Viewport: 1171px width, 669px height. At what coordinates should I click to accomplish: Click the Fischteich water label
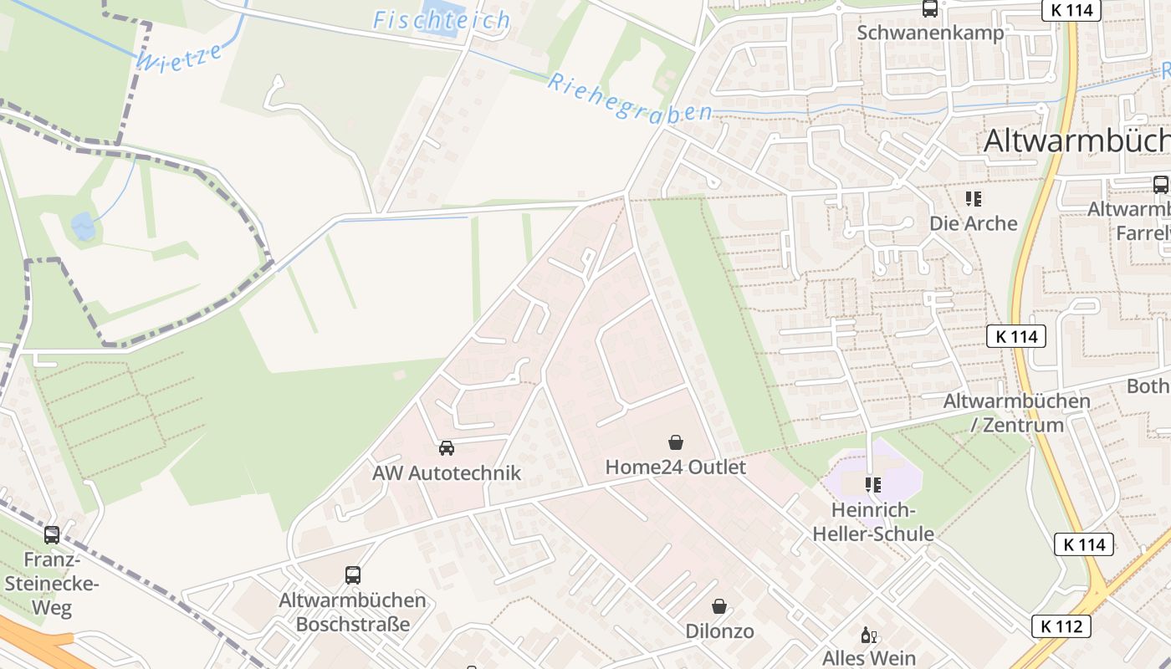point(441,20)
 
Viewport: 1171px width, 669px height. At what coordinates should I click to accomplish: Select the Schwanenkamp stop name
point(930,33)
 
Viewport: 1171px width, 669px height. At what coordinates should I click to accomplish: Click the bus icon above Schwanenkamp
point(930,9)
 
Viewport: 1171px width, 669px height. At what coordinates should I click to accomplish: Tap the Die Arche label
point(974,223)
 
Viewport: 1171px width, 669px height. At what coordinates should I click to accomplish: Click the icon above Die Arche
point(974,199)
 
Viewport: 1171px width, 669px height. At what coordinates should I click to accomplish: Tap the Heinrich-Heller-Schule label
point(873,522)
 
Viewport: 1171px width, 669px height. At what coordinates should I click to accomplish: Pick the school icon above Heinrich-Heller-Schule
point(873,485)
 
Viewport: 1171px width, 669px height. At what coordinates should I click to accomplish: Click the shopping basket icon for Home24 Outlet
point(676,442)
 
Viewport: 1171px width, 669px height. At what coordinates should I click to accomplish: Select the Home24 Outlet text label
point(676,467)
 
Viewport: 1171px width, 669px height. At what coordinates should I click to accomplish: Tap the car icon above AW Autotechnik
point(447,448)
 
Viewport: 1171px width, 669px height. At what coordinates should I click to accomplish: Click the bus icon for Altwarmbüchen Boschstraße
point(353,575)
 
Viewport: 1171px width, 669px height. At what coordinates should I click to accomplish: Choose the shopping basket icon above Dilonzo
point(719,606)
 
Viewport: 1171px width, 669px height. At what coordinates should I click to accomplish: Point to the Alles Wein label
point(869,658)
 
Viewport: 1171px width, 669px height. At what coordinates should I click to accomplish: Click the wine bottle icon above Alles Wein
point(869,636)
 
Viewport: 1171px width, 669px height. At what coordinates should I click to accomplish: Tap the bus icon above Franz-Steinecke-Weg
point(52,535)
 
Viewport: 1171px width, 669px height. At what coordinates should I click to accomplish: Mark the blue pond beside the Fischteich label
point(440,14)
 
